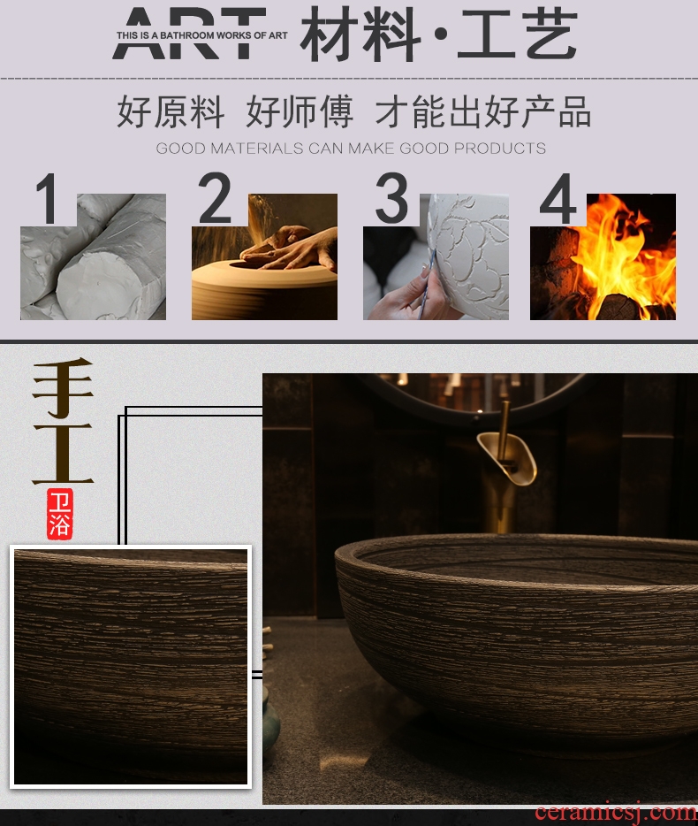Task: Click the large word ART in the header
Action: pos(189,33)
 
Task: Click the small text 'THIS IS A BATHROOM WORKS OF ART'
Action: pos(202,35)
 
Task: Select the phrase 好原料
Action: pos(171,111)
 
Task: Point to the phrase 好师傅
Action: pos(300,111)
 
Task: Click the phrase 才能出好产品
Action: pos(482,111)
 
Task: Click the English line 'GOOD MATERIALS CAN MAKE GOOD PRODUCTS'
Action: pos(351,148)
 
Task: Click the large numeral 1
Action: pos(48,199)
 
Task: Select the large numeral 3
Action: pos(391,198)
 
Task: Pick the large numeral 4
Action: pos(558,199)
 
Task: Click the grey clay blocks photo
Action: pos(93,256)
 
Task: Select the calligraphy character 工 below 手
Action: pos(63,454)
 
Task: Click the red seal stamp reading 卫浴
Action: pos(60,514)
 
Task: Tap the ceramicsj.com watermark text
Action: pos(616,814)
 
